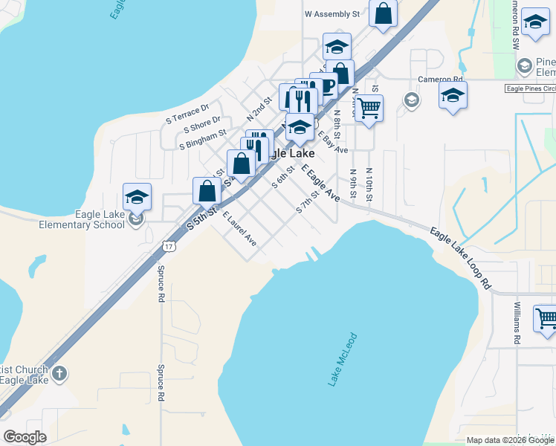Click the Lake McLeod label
point(343,360)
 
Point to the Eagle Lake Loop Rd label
point(461,258)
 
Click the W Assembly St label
point(332,13)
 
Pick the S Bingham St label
point(202,139)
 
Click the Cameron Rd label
point(440,79)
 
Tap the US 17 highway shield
point(169,245)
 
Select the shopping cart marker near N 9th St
point(369,109)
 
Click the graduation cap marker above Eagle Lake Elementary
point(137,197)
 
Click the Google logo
point(25,437)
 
